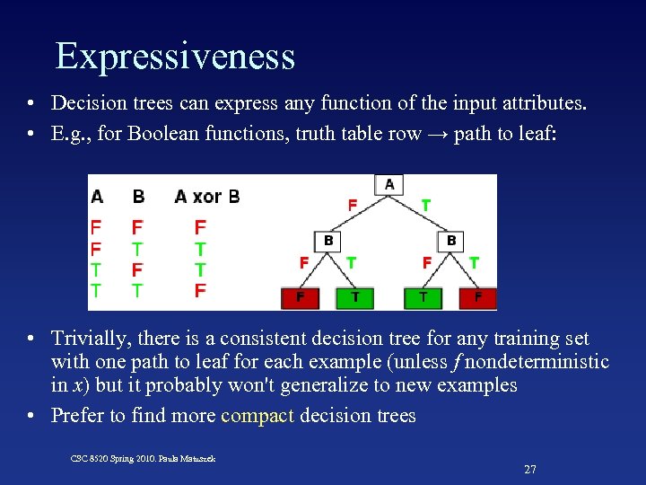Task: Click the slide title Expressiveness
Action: pyautogui.click(x=175, y=56)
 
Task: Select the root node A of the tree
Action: pyautogui.click(x=389, y=184)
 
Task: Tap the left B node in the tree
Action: pyautogui.click(x=328, y=241)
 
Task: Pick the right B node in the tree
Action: pyautogui.click(x=451, y=241)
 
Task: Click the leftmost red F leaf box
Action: pyautogui.click(x=301, y=297)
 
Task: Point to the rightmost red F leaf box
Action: pyautogui.click(x=478, y=297)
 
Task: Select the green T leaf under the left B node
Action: pyautogui.click(x=355, y=297)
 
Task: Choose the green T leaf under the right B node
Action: pyautogui.click(x=423, y=297)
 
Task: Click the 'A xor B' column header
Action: pyautogui.click(x=207, y=197)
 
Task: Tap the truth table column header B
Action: pyautogui.click(x=138, y=197)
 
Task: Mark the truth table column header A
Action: pyautogui.click(x=97, y=197)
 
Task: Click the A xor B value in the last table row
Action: pyautogui.click(x=200, y=290)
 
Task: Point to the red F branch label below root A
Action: pyautogui.click(x=353, y=206)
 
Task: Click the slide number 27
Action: pyautogui.click(x=529, y=470)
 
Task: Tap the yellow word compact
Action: pyautogui.click(x=258, y=416)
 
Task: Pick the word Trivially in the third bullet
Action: pyautogui.click(x=88, y=339)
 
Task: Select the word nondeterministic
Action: pyautogui.click(x=532, y=362)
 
